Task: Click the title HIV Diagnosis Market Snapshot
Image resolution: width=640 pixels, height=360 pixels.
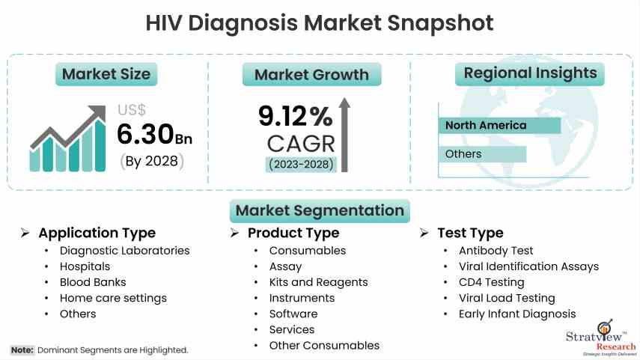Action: (x=320, y=22)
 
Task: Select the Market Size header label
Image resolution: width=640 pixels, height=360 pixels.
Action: (x=106, y=73)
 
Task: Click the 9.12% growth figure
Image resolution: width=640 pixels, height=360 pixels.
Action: (x=296, y=116)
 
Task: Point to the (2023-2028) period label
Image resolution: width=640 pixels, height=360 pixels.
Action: (x=302, y=164)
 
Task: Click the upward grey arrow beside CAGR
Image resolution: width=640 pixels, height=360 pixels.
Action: (x=345, y=134)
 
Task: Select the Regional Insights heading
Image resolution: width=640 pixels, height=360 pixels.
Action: (x=531, y=73)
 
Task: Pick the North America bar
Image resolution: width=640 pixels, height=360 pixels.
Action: (x=499, y=126)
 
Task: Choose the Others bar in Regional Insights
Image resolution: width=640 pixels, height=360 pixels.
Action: (x=482, y=154)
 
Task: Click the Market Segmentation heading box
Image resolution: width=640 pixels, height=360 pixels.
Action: (x=320, y=210)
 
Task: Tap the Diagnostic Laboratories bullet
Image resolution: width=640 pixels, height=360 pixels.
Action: (x=124, y=251)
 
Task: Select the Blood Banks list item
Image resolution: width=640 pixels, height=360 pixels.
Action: (x=93, y=282)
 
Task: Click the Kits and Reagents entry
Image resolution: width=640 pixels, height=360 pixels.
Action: (x=318, y=282)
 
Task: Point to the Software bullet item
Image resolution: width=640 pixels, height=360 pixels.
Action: (x=293, y=314)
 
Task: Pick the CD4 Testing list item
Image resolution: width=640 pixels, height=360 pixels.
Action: (x=492, y=282)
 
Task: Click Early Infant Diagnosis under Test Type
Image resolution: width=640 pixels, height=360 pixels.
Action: (x=517, y=314)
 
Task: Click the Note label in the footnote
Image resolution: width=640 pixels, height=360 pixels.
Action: (x=22, y=350)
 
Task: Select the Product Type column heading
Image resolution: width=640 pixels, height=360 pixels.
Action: (x=293, y=233)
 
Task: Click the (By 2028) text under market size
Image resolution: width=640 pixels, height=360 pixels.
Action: (x=152, y=161)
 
